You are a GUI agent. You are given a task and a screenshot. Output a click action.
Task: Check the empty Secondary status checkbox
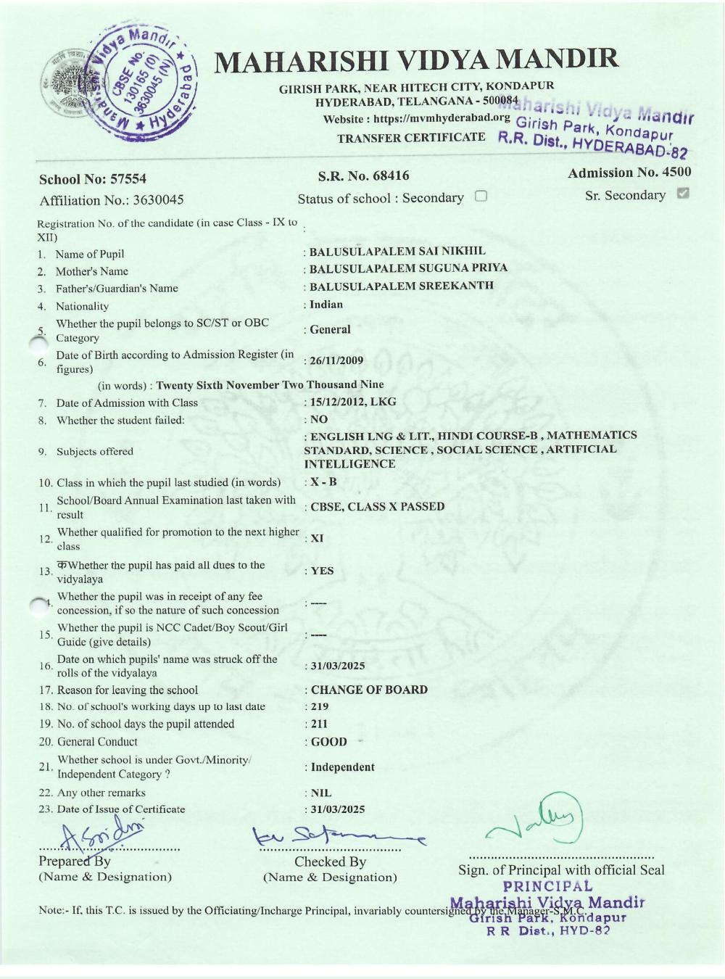click(481, 196)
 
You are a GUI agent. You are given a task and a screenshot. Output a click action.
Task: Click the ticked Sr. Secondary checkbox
click(682, 194)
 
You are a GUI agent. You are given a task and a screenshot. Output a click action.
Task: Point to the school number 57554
click(128, 179)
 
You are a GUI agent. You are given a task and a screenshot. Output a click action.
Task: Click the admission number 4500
click(676, 173)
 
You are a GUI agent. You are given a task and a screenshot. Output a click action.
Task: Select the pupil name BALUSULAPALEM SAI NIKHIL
click(397, 251)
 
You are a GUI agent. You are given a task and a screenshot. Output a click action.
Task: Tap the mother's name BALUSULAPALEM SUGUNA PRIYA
click(408, 268)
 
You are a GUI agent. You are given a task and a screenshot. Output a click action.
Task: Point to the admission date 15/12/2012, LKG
click(353, 402)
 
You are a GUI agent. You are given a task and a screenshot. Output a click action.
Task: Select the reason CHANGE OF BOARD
click(369, 690)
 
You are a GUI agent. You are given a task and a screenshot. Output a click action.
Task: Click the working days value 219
click(319, 706)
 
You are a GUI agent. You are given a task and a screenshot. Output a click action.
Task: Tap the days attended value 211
click(319, 724)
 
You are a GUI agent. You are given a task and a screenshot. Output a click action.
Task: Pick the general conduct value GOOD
click(328, 742)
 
